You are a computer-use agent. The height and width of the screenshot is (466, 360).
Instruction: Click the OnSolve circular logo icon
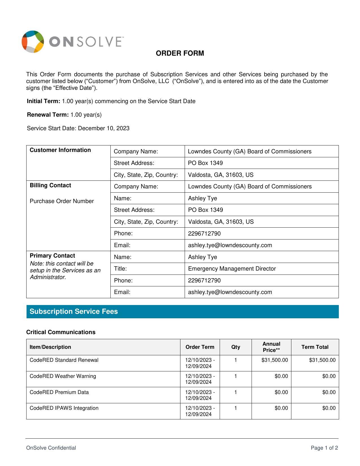coord(33,42)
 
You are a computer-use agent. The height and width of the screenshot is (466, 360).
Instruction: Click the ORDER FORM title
coord(180,53)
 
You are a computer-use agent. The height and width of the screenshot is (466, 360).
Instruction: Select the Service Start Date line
coord(78,129)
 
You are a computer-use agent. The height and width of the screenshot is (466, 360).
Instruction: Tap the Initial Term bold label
coord(43,101)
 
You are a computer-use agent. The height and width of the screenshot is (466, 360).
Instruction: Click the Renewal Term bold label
coord(48,115)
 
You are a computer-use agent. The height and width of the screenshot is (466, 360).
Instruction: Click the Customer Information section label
coord(60,150)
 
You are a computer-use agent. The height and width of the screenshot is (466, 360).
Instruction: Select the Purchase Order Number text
coord(62,201)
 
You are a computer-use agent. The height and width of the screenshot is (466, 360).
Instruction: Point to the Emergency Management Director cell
coord(232,269)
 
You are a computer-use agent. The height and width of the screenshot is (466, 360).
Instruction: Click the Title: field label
coord(120,269)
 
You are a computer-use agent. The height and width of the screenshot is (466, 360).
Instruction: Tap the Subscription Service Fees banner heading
coord(74,312)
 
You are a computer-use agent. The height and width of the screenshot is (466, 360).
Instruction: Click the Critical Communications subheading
coord(61,332)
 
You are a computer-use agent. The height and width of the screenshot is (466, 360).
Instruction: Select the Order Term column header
coord(200,347)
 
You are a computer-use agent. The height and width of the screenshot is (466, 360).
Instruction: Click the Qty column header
coord(235,347)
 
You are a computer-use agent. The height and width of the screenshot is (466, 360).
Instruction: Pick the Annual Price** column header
coord(271,347)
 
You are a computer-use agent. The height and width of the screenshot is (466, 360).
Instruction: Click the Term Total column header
coord(315,347)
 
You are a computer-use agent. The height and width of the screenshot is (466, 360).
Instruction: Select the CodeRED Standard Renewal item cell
coord(64,360)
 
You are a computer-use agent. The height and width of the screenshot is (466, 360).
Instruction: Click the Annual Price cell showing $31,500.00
coord(274,360)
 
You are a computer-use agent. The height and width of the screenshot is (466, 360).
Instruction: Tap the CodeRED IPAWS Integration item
coord(64,408)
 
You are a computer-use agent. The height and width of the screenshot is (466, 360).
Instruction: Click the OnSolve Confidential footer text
coord(51,448)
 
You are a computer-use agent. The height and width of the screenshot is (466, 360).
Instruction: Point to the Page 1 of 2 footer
coord(324,448)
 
